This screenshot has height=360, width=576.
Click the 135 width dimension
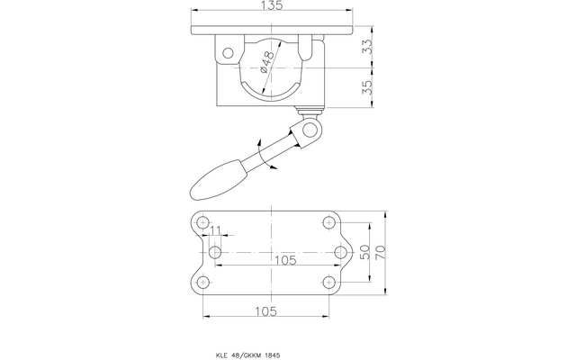pos(272,8)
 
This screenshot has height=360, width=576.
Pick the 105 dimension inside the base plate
pos(284,261)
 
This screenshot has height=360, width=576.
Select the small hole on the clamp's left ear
pos(227,50)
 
